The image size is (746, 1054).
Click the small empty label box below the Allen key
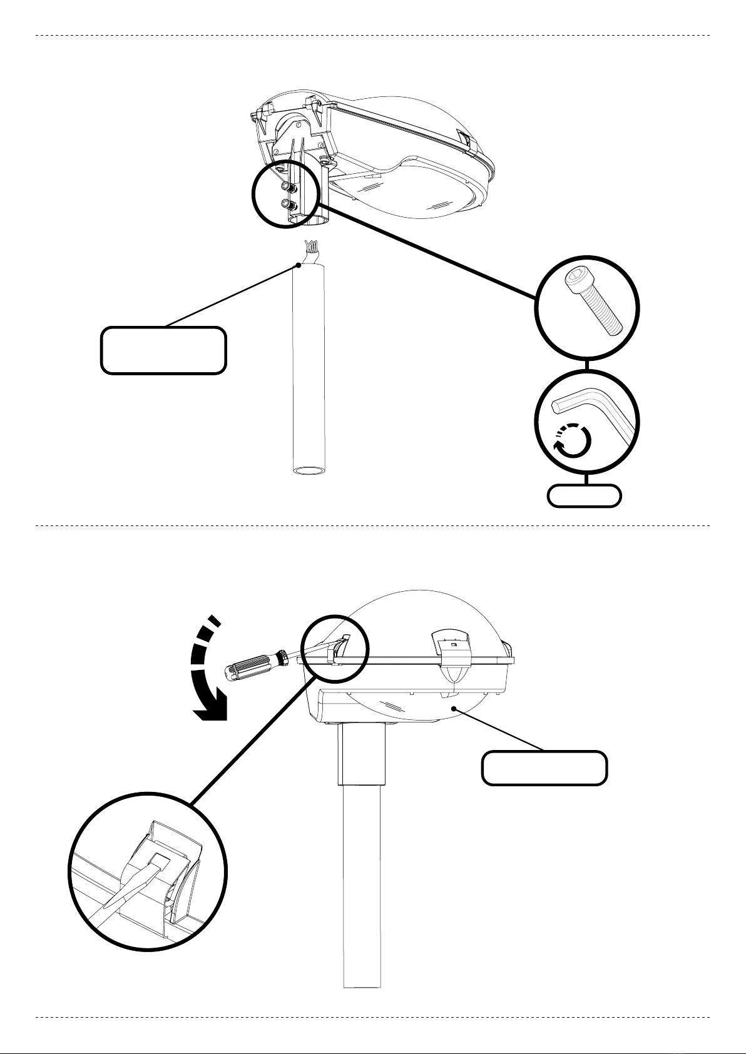tap(584, 495)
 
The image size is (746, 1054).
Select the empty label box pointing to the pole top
tap(163, 350)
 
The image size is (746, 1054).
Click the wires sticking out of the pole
tap(311, 250)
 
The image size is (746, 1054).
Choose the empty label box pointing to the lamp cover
tap(544, 768)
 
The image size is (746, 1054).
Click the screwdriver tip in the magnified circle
tap(156, 863)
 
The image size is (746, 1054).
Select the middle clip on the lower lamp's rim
tap(453, 657)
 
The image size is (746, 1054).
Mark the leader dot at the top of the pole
tap(299, 265)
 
